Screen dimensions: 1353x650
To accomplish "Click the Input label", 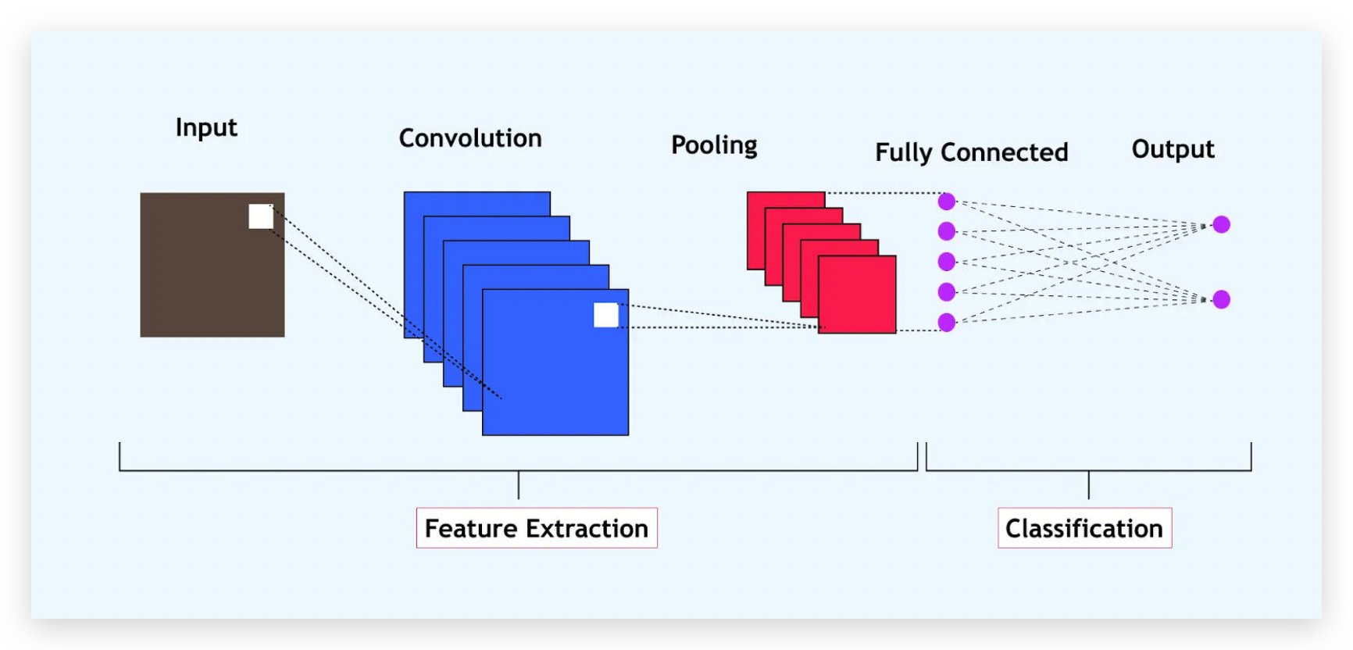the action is [206, 127].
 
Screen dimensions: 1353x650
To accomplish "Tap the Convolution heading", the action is [470, 138].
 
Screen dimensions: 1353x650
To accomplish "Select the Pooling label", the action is [714, 145].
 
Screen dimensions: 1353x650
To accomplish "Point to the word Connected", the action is [1005, 152].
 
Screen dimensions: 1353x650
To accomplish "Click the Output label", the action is [1173, 149].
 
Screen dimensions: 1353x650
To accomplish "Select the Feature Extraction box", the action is [537, 528].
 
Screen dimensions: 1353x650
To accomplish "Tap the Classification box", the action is [1084, 528].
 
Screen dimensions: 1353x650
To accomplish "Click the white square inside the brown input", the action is [261, 216].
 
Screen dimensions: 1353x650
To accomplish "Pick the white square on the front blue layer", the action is [606, 315].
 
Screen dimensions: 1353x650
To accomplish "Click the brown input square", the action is [212, 265].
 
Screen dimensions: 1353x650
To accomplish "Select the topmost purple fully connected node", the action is [947, 202].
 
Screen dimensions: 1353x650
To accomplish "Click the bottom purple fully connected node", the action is [947, 322].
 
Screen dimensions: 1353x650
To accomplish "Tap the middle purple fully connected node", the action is [947, 262].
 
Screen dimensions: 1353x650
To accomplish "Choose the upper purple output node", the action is [1222, 225].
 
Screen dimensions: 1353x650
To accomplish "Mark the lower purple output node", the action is [1222, 299].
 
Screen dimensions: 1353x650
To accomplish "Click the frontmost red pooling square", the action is [857, 295].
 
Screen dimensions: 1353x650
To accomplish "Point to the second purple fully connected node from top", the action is [947, 231].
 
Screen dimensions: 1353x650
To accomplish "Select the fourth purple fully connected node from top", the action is [947, 292].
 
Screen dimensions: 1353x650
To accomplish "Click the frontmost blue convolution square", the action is [555, 362].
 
